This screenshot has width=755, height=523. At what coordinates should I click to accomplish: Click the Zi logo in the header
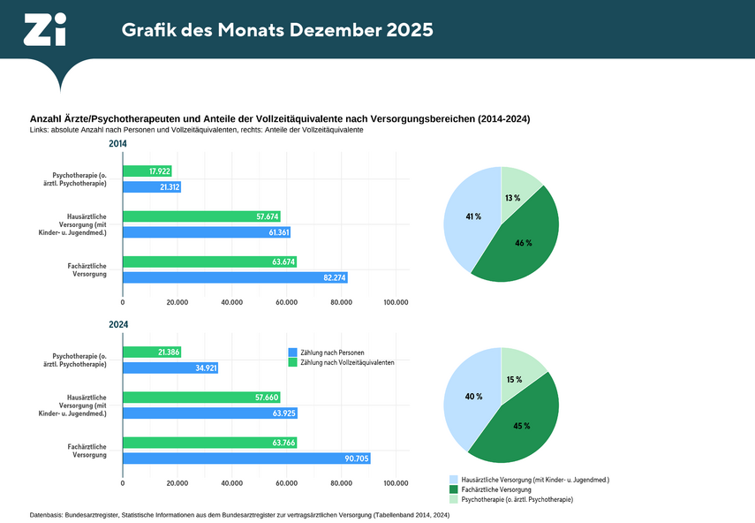pyautogui.click(x=44, y=30)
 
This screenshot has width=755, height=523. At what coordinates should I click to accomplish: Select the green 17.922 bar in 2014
pyautogui.click(x=147, y=171)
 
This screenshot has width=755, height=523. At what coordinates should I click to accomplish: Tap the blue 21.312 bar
pyautogui.click(x=151, y=187)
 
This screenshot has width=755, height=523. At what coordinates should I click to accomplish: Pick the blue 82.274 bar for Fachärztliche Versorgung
pyautogui.click(x=234, y=277)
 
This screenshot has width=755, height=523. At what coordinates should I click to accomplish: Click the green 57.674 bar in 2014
pyautogui.click(x=201, y=216)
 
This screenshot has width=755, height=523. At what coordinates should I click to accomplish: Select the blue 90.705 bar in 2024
pyautogui.click(x=245, y=459)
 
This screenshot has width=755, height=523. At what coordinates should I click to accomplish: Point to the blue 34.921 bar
pyautogui.click(x=170, y=368)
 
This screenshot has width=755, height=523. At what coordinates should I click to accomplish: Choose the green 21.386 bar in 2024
pyautogui.click(x=151, y=352)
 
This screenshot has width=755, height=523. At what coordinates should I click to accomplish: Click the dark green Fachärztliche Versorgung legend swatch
pyautogui.click(x=454, y=489)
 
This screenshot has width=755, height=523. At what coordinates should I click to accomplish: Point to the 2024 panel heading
pyautogui.click(x=118, y=325)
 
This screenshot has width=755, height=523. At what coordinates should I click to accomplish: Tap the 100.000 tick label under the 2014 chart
pyautogui.click(x=396, y=302)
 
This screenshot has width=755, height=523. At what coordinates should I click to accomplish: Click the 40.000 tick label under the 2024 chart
pyautogui.click(x=231, y=483)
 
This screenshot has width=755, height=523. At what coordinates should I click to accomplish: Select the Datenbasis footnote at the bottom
pyautogui.click(x=240, y=514)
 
